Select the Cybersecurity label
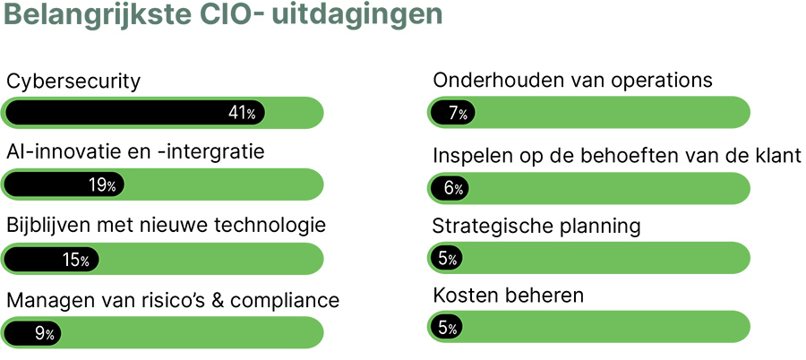point(73,82)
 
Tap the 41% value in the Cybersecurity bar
point(242,114)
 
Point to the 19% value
point(102,185)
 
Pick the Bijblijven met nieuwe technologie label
point(166,224)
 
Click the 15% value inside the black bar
point(75,261)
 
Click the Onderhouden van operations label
point(572,81)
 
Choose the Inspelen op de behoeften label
point(616,155)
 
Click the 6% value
point(452,189)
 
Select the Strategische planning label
point(536,226)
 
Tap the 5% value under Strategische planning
point(448,259)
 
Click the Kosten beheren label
point(508,295)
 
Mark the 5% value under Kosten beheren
point(448,329)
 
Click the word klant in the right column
point(777,155)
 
